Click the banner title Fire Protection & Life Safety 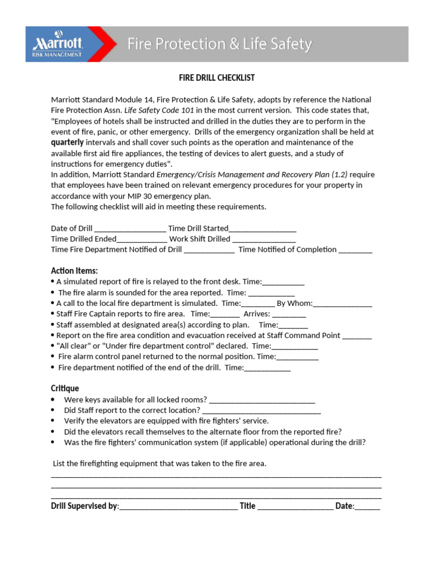[x=219, y=44]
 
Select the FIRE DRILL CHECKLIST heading [x=217, y=78]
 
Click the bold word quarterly [x=67, y=142]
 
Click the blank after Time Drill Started [x=262, y=229]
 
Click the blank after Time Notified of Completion [x=355, y=250]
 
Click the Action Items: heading [x=74, y=271]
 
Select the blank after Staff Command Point [x=357, y=336]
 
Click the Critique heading [x=65, y=388]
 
